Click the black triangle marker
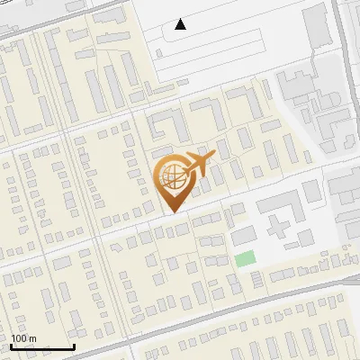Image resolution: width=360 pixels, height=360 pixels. [x=181, y=24]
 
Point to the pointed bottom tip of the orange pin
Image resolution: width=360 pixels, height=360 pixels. [x=173, y=212]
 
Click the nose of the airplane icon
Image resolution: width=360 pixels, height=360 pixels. [x=213, y=156]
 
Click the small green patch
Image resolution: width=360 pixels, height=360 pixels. [x=245, y=259]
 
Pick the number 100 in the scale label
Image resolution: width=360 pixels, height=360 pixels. [x=19, y=338]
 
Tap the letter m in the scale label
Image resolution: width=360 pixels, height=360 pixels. [x=33, y=339]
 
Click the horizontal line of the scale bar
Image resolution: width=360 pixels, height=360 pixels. [x=42, y=347]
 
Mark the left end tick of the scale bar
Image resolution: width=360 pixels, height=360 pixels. [x=12, y=346]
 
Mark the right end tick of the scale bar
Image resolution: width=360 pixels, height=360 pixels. [x=74, y=346]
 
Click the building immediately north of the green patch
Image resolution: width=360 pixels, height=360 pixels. [x=242, y=236]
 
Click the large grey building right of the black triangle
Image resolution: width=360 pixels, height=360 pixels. [x=317, y=27]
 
